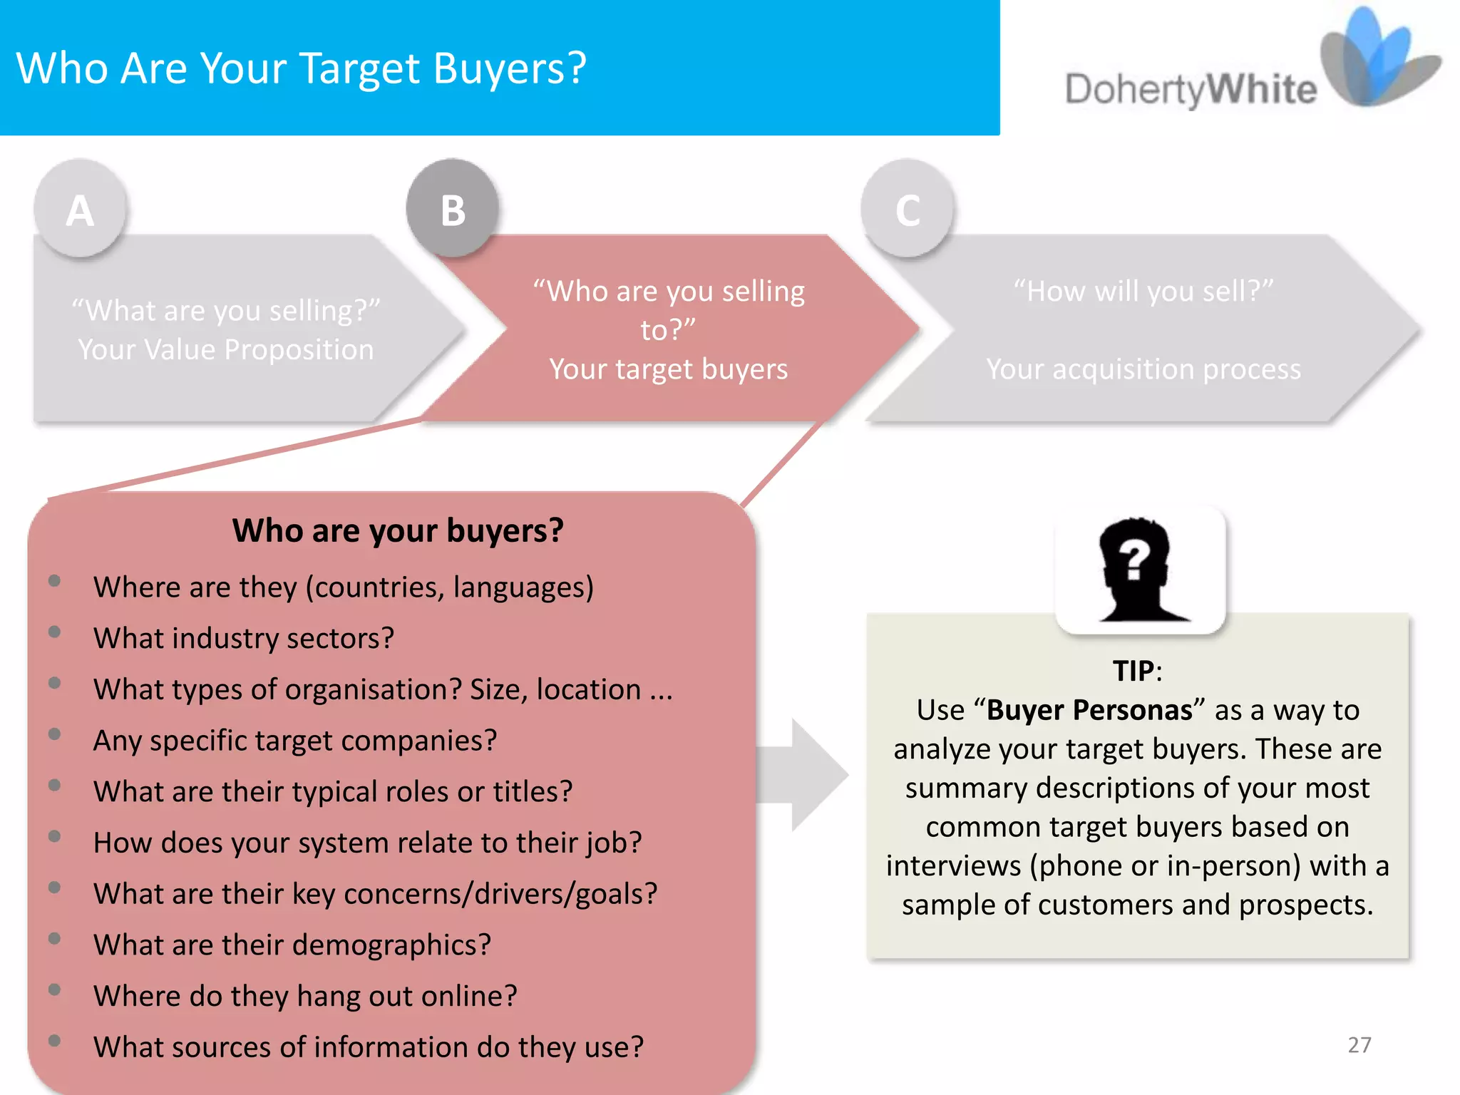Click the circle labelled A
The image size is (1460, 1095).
[x=81, y=209]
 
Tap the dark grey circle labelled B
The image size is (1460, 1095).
[x=453, y=209]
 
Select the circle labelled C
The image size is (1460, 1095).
[x=907, y=209]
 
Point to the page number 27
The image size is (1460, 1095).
[x=1359, y=1045]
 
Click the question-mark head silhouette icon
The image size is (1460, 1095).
[x=1139, y=569]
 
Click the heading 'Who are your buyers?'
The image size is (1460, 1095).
[x=398, y=530]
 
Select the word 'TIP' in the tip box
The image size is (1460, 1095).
[x=1133, y=671]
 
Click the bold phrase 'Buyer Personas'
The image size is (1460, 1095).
[x=1089, y=710]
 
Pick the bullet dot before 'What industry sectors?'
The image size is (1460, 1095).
[x=54, y=632]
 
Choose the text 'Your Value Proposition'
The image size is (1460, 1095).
[x=225, y=350]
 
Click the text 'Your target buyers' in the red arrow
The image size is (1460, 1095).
[x=668, y=369]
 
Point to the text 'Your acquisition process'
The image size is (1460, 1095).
[x=1143, y=369]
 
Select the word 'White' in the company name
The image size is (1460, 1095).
[x=1262, y=90]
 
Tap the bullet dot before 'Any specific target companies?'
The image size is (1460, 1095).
[x=54, y=734]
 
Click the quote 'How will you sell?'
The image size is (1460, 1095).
[x=1143, y=291]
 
